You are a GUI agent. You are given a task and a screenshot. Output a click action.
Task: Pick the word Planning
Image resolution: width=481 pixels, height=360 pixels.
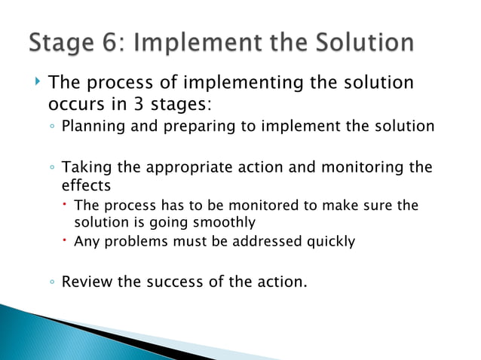93,126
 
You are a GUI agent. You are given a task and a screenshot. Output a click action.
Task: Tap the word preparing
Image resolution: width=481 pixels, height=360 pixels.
195,126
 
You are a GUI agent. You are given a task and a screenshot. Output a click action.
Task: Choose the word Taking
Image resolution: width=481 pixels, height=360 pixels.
83,167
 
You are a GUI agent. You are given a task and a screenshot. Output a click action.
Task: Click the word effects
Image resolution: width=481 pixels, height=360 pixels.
85,185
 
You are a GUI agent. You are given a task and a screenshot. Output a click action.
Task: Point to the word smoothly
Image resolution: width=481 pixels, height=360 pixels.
224,222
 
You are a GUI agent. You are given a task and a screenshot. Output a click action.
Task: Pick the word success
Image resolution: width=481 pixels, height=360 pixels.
175,282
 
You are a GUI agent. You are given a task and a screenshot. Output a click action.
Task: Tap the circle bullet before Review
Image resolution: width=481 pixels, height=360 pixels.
51,283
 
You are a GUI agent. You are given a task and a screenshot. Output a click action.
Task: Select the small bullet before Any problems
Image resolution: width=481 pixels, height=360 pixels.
66,241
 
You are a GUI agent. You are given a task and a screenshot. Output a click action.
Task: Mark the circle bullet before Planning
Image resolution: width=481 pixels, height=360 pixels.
51,127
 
